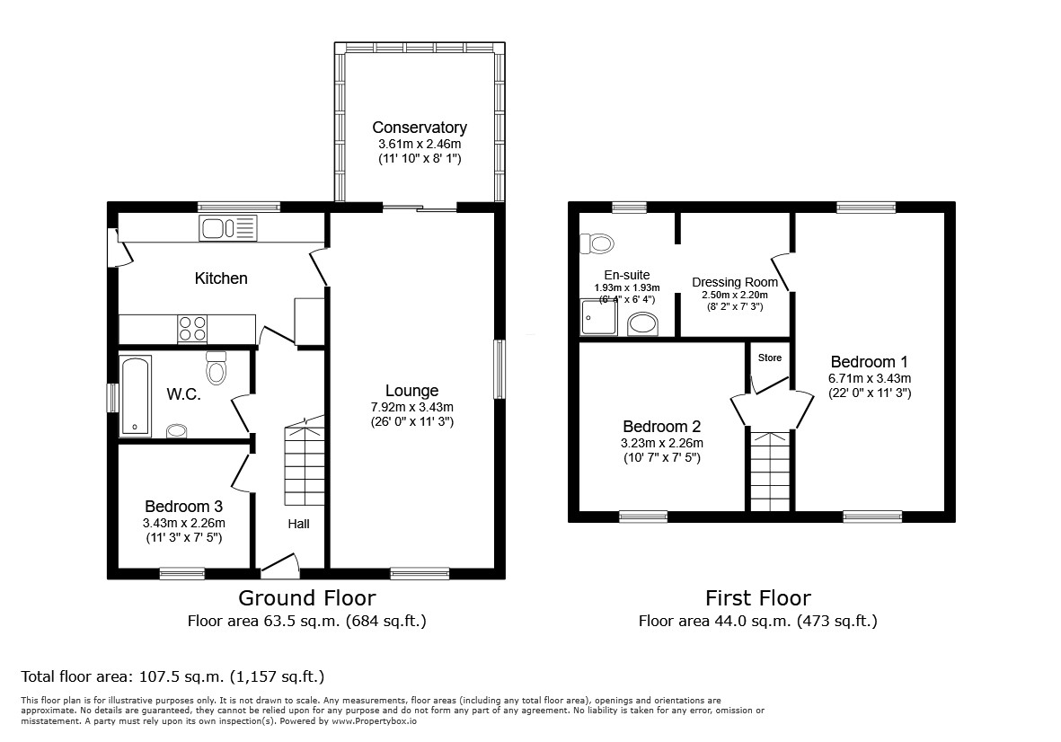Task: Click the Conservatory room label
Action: click(x=420, y=128)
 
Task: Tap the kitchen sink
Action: click(x=225, y=228)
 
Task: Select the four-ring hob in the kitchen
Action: click(x=191, y=329)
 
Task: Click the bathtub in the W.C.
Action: click(x=135, y=395)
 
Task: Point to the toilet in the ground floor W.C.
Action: click(x=217, y=368)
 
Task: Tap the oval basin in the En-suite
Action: click(x=641, y=323)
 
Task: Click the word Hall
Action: click(x=298, y=524)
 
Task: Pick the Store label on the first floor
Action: click(x=770, y=358)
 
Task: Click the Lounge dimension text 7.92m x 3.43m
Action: click(x=411, y=407)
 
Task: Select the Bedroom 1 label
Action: click(x=869, y=362)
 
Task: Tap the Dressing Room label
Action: click(x=735, y=282)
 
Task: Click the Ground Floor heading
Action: click(x=306, y=598)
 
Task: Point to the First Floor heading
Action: click(x=757, y=598)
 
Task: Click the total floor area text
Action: click(x=172, y=676)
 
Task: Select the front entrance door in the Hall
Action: click(x=279, y=562)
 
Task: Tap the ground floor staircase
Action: click(x=303, y=467)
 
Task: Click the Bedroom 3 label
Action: click(x=183, y=507)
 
